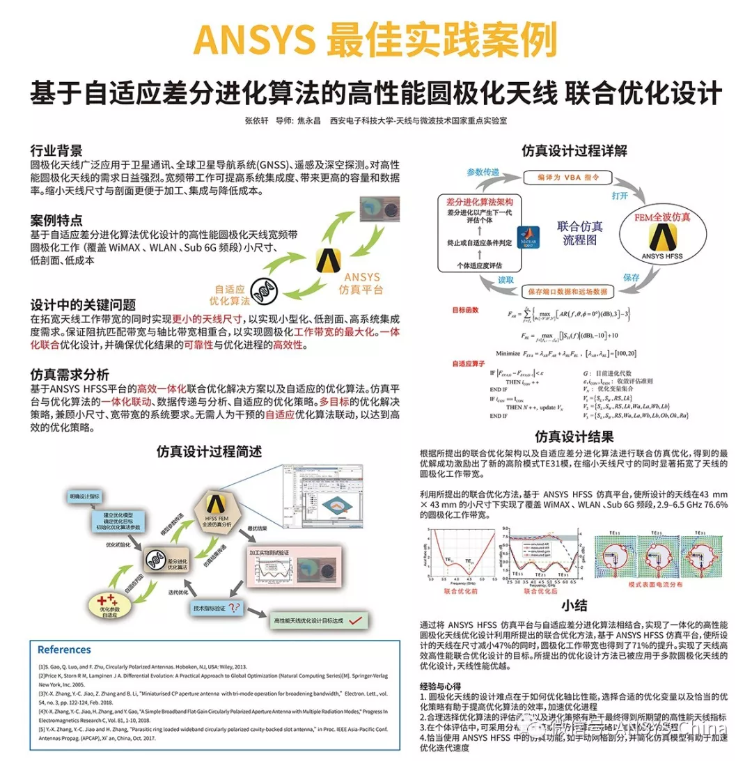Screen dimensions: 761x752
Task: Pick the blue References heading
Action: click(x=64, y=650)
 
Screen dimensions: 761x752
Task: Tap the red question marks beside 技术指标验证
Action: click(x=235, y=607)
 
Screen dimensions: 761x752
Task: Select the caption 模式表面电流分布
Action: click(x=656, y=585)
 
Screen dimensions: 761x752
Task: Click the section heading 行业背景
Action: click(x=56, y=150)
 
